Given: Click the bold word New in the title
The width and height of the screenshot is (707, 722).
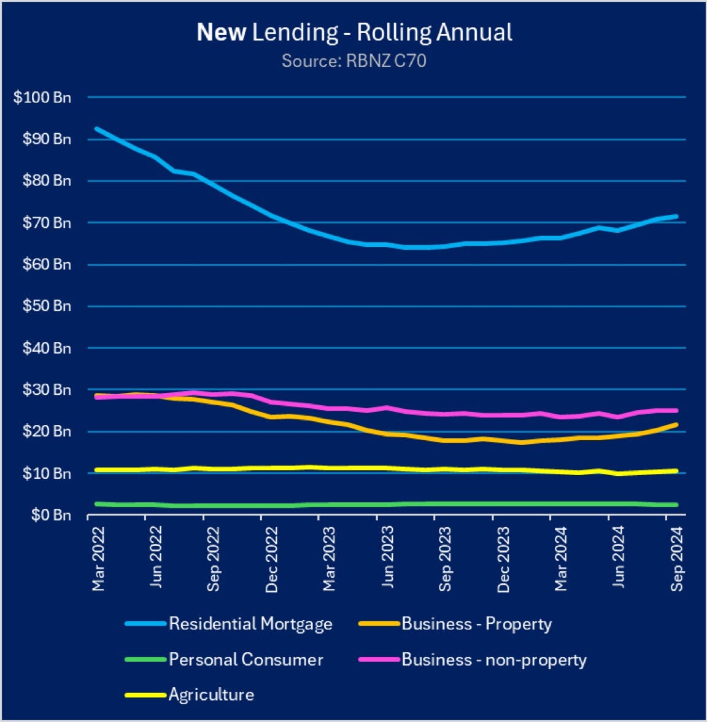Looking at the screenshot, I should (x=221, y=33).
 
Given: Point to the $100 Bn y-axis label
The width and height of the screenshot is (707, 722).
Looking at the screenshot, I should (x=42, y=97).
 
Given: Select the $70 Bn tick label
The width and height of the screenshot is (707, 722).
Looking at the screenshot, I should (x=46, y=223).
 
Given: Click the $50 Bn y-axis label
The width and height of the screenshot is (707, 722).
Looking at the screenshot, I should (x=46, y=306).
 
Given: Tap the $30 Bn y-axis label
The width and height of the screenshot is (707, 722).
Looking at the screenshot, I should (x=46, y=390).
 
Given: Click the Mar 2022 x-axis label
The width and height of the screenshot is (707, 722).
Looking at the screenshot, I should (x=98, y=561).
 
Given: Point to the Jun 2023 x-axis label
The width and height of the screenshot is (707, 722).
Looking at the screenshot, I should (x=387, y=559).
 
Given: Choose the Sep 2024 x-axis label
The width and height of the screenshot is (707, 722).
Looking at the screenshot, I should (x=677, y=561).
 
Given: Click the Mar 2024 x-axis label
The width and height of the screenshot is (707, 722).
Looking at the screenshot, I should (x=561, y=561).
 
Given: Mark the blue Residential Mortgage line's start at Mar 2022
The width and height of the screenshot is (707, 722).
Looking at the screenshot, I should (x=96, y=128).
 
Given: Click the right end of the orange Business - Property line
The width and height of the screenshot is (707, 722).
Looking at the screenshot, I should (x=676, y=424).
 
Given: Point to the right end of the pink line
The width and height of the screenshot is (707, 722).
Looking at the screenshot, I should (x=676, y=411).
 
